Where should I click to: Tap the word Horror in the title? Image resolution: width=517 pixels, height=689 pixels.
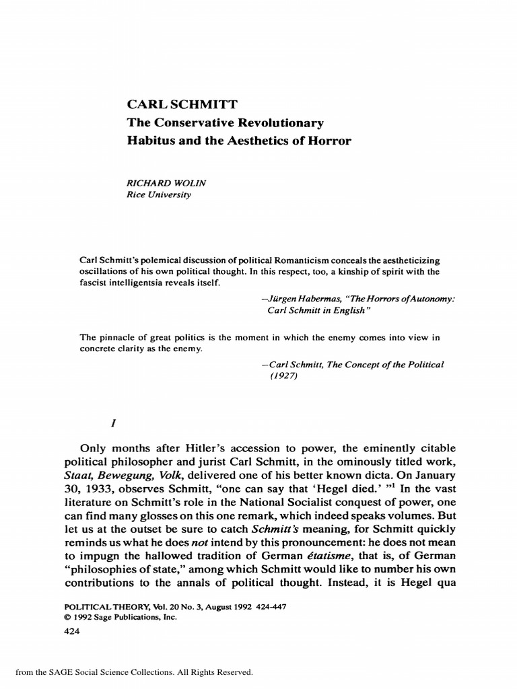(x=329, y=141)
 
